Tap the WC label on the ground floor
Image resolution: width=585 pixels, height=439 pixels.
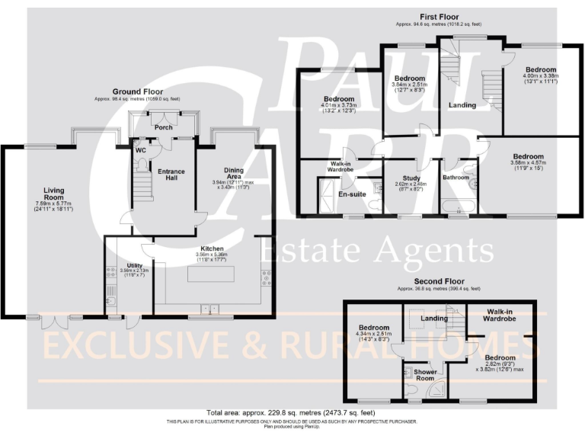[x=139, y=150]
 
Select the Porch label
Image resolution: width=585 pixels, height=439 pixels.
[x=163, y=127]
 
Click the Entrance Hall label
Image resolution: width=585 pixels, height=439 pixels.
[x=171, y=175]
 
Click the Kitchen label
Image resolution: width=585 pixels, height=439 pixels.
[x=211, y=248]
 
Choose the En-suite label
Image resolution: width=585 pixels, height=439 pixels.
[x=351, y=194]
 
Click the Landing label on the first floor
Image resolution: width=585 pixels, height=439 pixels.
[x=462, y=105]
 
